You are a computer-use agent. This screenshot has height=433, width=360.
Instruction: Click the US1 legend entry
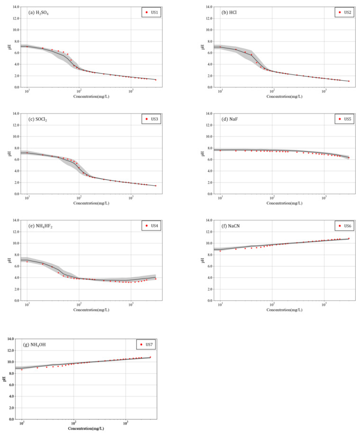tap(153, 12)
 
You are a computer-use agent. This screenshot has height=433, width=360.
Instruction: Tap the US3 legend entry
tap(153, 119)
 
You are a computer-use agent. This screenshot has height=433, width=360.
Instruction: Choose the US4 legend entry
tap(153, 226)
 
